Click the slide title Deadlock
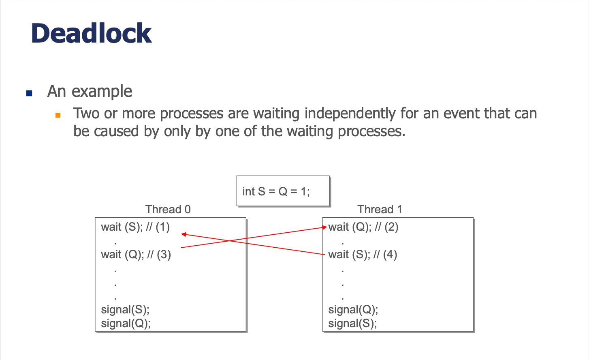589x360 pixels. click(x=91, y=33)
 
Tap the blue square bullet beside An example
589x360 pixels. click(x=29, y=93)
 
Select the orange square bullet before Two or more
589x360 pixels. click(x=58, y=115)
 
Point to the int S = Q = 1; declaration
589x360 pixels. click(x=276, y=191)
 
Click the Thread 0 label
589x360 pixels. click(x=168, y=209)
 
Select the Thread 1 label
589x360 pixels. click(x=380, y=209)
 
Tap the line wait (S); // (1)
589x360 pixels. click(x=135, y=227)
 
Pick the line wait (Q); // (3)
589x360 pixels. click(x=136, y=255)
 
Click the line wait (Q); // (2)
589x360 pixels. click(x=363, y=227)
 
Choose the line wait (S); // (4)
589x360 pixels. click(x=363, y=255)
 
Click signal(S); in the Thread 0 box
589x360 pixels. click(x=125, y=310)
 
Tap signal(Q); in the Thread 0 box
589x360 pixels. click(x=126, y=324)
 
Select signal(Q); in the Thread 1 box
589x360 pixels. click(x=353, y=310)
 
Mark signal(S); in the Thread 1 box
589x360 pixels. click(x=352, y=324)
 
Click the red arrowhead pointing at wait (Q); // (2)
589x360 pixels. click(x=324, y=227)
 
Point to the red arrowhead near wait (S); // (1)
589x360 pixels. click(x=184, y=234)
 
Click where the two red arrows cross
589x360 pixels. click(x=229, y=240)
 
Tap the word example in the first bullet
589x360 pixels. click(x=102, y=92)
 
